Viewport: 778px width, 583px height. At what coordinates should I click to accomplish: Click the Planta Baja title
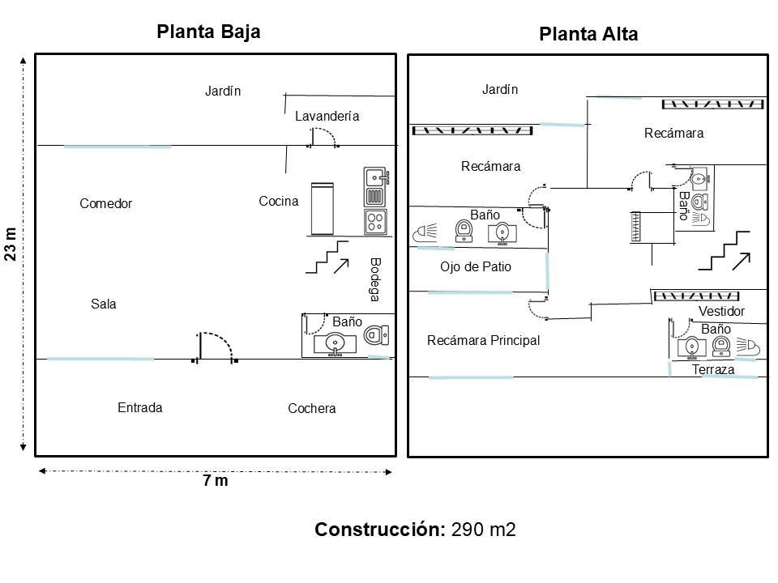click(x=208, y=32)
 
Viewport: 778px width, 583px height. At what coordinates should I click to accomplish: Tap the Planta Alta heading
click(x=588, y=34)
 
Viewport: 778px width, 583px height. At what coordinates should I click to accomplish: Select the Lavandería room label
click(x=327, y=116)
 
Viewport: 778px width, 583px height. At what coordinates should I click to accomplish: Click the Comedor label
click(x=105, y=203)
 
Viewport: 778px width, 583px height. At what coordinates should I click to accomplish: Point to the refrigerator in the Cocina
click(x=322, y=208)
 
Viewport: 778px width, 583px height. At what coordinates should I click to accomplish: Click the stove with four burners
click(x=375, y=222)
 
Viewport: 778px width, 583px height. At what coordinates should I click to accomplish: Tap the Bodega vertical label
click(x=375, y=279)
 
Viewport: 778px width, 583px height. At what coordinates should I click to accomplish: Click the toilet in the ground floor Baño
click(x=377, y=335)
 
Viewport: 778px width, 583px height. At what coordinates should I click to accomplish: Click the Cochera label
click(x=311, y=408)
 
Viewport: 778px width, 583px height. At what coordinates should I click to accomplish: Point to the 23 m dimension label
click(x=11, y=244)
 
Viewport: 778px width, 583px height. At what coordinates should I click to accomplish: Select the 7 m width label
click(x=216, y=480)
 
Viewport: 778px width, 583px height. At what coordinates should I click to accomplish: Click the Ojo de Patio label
click(x=476, y=266)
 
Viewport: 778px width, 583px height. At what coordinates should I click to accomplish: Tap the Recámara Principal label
click(x=483, y=341)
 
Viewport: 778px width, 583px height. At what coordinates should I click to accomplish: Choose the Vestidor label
click(x=721, y=311)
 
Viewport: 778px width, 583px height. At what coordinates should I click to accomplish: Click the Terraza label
click(x=713, y=369)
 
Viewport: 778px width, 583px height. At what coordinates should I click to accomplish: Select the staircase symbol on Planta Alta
click(x=725, y=250)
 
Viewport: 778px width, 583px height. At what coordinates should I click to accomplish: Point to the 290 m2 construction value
click(x=483, y=530)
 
